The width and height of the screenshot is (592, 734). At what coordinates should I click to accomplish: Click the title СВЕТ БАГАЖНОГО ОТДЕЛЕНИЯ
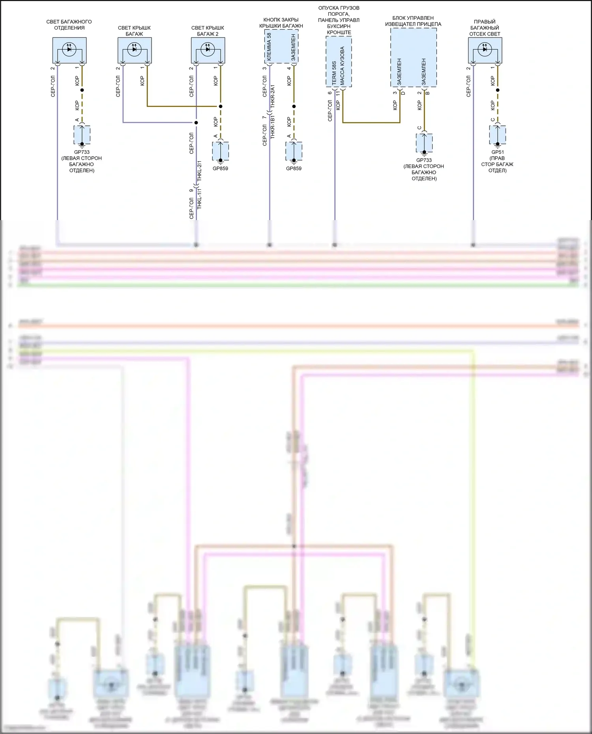tap(69, 25)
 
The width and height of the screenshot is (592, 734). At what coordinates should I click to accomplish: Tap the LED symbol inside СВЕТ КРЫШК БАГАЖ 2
tap(208, 49)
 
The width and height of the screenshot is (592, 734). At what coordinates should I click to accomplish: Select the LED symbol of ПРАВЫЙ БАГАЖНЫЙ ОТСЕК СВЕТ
tap(485, 49)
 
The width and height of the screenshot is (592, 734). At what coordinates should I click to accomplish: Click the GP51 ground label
tap(497, 152)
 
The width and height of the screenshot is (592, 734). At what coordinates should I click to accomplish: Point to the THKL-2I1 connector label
tap(200, 171)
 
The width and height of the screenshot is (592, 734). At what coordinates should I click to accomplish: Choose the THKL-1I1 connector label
tap(200, 198)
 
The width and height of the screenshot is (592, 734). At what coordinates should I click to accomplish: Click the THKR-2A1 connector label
tap(273, 97)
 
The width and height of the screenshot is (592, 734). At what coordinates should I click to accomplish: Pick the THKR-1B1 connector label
tap(273, 127)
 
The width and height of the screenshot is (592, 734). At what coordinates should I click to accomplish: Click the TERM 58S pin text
tap(334, 73)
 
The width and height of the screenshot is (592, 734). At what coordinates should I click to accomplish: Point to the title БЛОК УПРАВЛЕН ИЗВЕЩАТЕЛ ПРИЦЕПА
tap(413, 21)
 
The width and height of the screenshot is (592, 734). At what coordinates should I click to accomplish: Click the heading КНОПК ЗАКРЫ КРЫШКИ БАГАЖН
tap(281, 23)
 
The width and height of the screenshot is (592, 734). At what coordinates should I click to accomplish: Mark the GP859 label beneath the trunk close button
tap(294, 168)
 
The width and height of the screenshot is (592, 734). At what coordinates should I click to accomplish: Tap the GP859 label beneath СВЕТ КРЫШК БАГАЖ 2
tap(220, 168)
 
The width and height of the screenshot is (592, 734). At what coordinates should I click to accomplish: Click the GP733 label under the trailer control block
tap(424, 160)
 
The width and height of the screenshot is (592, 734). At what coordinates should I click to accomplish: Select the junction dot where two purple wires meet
tap(196, 122)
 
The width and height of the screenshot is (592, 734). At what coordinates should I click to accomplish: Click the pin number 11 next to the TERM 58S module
tap(338, 93)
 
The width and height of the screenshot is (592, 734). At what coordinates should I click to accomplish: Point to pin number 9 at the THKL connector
tap(191, 191)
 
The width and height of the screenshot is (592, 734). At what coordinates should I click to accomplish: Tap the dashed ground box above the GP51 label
tap(497, 135)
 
